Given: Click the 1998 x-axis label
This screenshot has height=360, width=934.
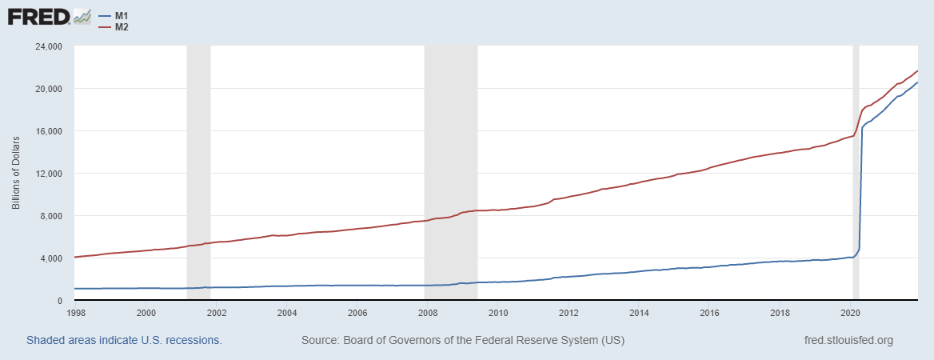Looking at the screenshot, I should (x=76, y=313).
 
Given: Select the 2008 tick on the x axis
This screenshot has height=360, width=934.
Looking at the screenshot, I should (x=428, y=313).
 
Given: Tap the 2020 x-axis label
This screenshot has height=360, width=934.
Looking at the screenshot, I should (x=851, y=313).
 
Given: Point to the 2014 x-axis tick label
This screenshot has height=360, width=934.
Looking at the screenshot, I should (x=639, y=313).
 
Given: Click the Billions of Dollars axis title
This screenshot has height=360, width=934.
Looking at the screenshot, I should (x=16, y=174).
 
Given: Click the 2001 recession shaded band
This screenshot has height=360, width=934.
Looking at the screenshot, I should (x=198, y=174).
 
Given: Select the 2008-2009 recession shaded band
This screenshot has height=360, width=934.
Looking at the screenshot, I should (x=450, y=174).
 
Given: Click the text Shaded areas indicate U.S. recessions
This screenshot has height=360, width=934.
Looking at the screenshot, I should (x=124, y=340).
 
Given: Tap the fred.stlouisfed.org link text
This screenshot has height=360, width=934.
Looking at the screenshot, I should (x=848, y=340).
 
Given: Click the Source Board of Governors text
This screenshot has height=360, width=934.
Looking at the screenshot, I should (x=463, y=340).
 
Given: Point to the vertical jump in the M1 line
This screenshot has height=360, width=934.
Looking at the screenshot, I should (x=860, y=192).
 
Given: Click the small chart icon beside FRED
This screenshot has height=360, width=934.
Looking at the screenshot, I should (x=82, y=16).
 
